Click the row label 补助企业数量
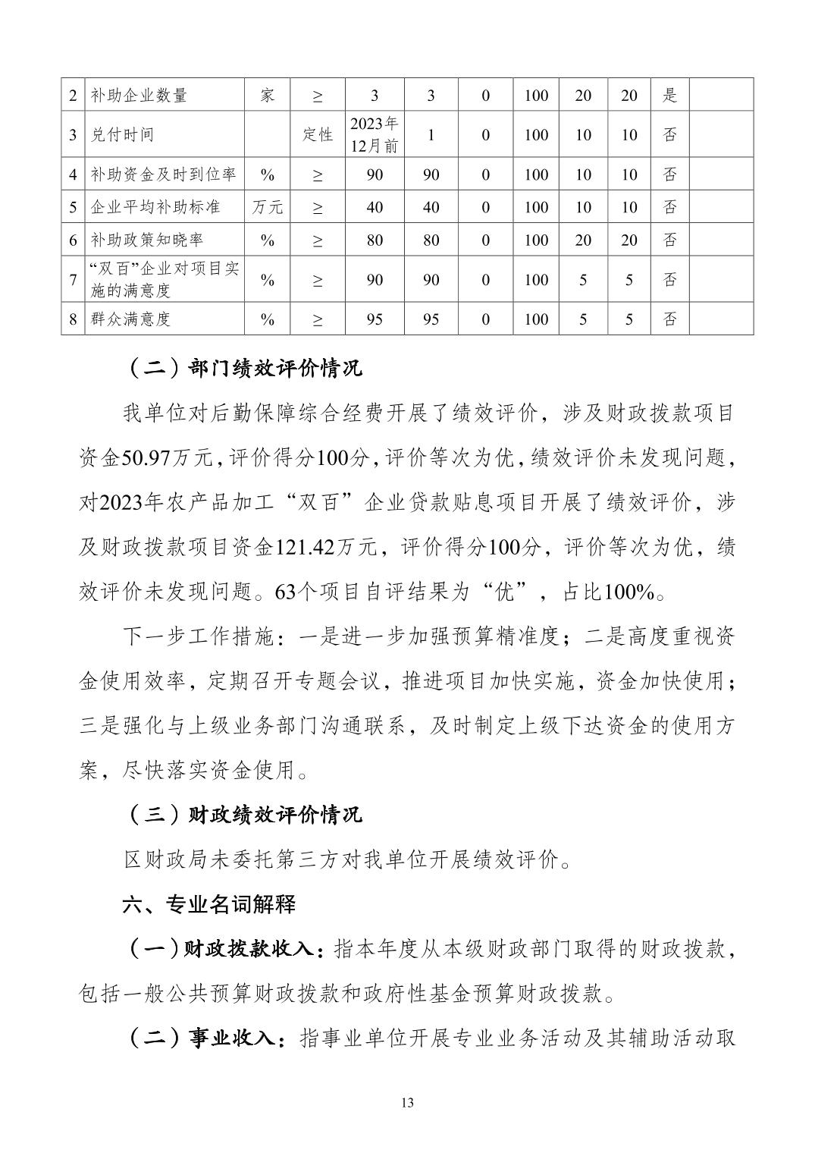139,96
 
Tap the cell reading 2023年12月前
374,134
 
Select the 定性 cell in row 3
317,134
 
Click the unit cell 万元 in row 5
267,207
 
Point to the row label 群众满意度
130,319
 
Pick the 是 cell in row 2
669,96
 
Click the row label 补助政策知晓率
147,240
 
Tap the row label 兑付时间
122,134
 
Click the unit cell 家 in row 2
267,96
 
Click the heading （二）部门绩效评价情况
242,369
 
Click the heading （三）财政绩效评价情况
242,815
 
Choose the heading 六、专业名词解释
209,904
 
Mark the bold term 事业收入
233,1038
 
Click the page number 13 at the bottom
407,1103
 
